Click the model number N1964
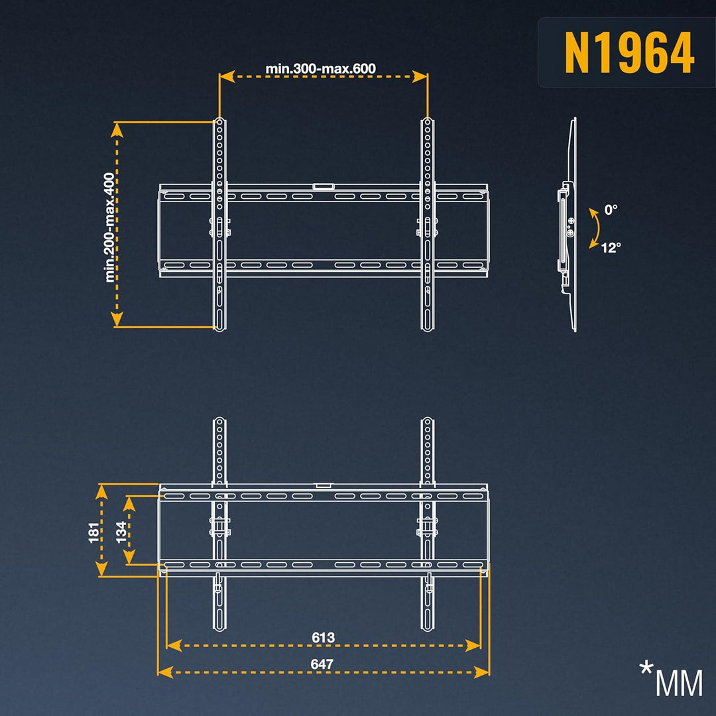tap(630, 53)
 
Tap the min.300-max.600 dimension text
tap(321, 68)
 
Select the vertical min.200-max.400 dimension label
tap(109, 227)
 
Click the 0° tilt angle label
tap(611, 209)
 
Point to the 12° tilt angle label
tap(611, 247)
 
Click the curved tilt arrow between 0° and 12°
tap(597, 228)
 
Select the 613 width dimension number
tap(324, 637)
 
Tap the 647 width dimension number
tap(322, 664)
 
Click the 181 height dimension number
tap(93, 532)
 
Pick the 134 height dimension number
tap(121, 532)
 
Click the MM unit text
tap(679, 684)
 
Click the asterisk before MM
tap(646, 668)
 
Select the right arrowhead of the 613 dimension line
tap(473, 645)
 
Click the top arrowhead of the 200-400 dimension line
tap(117, 130)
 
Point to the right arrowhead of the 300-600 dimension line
tap(420, 77)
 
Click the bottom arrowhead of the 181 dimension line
tap(101, 569)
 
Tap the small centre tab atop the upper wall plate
tap(324, 186)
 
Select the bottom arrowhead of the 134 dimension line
tap(129, 557)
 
